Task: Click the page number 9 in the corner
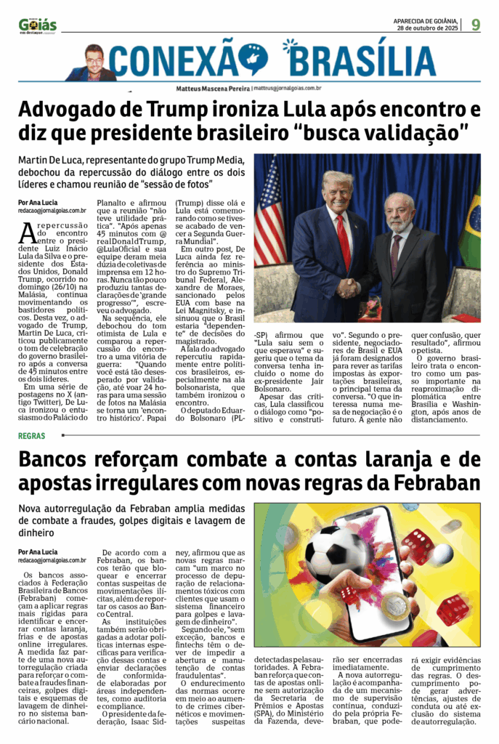pos(476,25)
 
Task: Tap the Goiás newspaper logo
pos(38,25)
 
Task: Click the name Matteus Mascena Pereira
pos(213,87)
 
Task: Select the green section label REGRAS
pos(32,436)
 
